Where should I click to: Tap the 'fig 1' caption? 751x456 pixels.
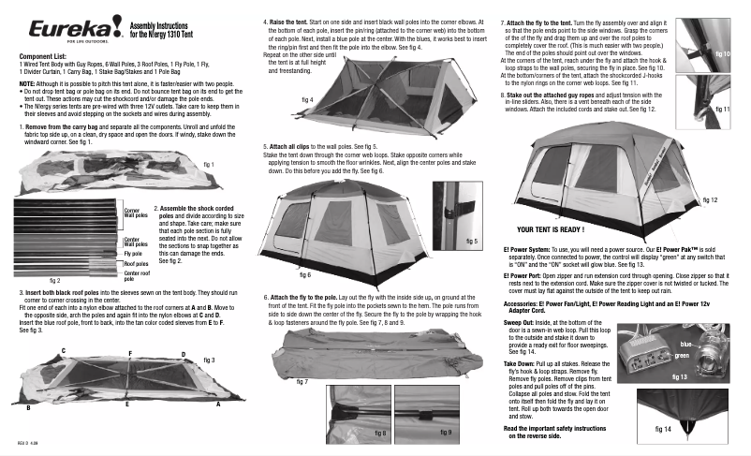[209, 165]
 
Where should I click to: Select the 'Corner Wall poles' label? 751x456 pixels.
[136, 213]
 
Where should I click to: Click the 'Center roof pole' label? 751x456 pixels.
[136, 274]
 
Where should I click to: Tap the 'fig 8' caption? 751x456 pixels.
[380, 434]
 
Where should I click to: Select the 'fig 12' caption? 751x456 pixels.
[708, 200]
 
